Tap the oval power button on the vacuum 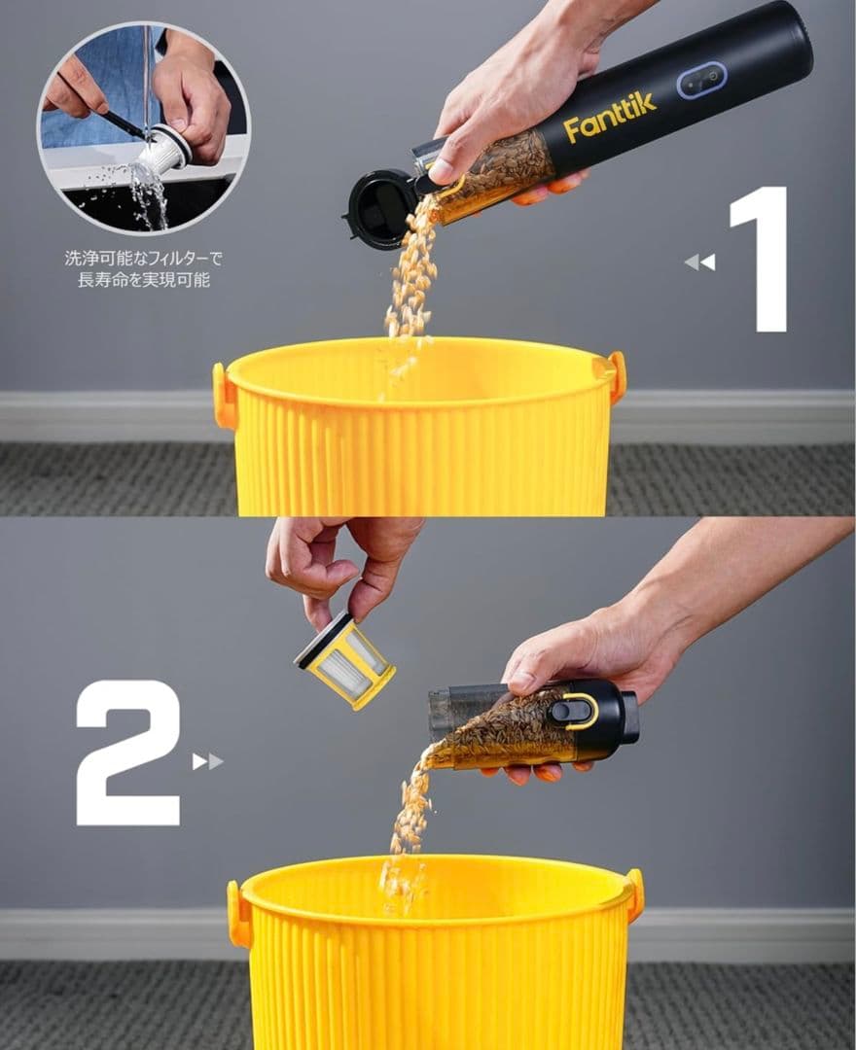coord(701,81)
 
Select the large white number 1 coord(758,260)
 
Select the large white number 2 coord(128,752)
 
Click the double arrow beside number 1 coord(700,262)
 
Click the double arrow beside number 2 coord(207,761)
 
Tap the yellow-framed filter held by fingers coord(345,660)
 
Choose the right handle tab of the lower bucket coord(635,892)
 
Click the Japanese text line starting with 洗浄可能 coord(143,258)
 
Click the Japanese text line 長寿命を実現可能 coord(143,280)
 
